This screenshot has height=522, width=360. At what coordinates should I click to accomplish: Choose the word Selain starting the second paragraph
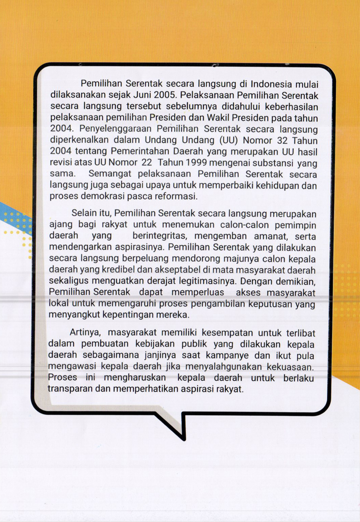pos(83,213)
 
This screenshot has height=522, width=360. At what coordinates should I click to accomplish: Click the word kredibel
pos(118,270)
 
